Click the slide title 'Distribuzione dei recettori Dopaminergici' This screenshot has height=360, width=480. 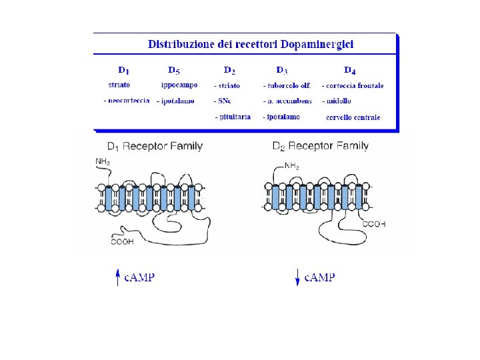251,45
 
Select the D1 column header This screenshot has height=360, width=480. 124,70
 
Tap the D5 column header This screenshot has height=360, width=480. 174,70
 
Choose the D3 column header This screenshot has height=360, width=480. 282,70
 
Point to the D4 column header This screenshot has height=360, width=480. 350,70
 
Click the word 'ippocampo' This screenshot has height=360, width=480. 179,85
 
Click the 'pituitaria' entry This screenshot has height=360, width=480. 233,117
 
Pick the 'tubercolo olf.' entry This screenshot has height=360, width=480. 289,86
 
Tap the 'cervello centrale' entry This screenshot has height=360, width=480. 353,117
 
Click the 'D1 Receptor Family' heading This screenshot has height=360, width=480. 155,147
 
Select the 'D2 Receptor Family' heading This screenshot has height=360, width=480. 320,147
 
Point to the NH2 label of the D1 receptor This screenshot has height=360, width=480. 103,161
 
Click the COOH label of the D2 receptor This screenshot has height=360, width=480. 374,225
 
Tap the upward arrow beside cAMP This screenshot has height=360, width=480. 118,277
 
